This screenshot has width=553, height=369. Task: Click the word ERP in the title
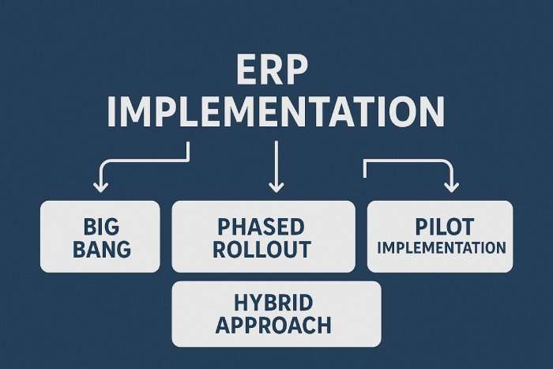(272, 70)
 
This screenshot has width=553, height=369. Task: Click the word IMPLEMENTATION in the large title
(276, 111)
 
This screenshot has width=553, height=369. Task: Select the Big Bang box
(100, 236)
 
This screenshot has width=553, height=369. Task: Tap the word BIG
(101, 227)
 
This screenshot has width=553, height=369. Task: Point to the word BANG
(102, 249)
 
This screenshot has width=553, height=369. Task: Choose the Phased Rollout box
(263, 236)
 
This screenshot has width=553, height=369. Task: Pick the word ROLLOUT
(261, 249)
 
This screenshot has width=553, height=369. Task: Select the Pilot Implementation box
(440, 236)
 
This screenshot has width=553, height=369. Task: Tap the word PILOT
(444, 227)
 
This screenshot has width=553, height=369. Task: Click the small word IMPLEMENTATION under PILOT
(442, 247)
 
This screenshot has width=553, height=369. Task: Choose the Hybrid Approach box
(276, 314)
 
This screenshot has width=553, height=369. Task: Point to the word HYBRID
(273, 303)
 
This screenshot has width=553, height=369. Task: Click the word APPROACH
(273, 326)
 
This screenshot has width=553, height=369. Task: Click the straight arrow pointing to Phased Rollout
(276, 167)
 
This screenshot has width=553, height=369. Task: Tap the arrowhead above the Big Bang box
(101, 187)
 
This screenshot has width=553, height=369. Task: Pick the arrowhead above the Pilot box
(451, 187)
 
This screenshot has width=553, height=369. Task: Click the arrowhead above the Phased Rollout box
(276, 187)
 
